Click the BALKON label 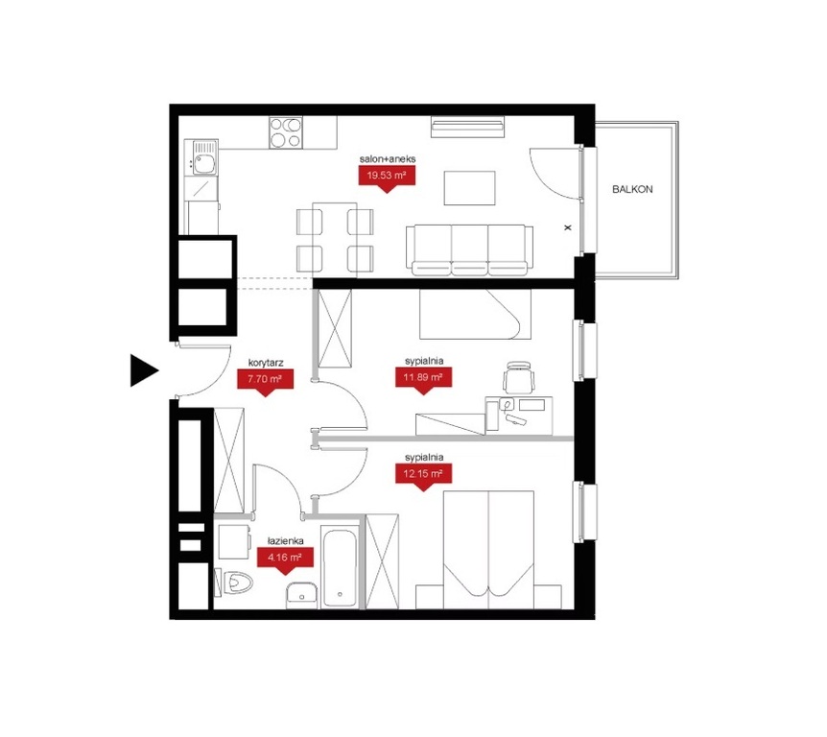(632, 189)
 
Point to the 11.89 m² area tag (423, 378)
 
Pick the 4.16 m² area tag (285, 558)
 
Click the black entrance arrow (144, 370)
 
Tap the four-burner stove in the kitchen (286, 132)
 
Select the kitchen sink (204, 157)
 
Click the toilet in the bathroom (234, 582)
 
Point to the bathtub (339, 568)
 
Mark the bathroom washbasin (302, 595)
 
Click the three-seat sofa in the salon (469, 250)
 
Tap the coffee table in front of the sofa (469, 188)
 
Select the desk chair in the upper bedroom (518, 378)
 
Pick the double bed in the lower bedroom (488, 550)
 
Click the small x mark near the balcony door (568, 227)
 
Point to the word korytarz (266, 363)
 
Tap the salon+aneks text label (388, 158)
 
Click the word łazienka (285, 540)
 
